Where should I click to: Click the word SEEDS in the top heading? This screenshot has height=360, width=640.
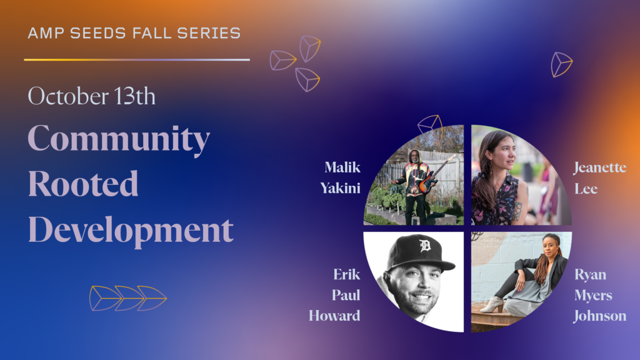pyautogui.click(x=98, y=33)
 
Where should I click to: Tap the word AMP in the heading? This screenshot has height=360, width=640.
pyautogui.click(x=45, y=33)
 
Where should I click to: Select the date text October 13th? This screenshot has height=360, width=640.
pyautogui.click(x=91, y=96)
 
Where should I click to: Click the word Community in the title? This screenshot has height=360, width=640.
pyautogui.click(x=119, y=139)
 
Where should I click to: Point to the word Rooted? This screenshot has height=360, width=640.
pyautogui.click(x=83, y=184)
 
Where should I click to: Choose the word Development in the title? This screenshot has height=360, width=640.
pyautogui.click(x=131, y=231)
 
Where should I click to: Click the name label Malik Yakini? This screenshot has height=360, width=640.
pyautogui.click(x=341, y=177)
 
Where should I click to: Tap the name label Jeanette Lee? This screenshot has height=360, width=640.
pyautogui.click(x=599, y=178)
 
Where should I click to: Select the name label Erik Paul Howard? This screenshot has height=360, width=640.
pyautogui.click(x=334, y=295)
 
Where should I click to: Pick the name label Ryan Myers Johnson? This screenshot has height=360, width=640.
pyautogui.click(x=599, y=295)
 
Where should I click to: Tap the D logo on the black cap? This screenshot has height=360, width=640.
pyautogui.click(x=425, y=246)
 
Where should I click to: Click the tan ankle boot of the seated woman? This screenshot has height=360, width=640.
pyautogui.click(x=492, y=304)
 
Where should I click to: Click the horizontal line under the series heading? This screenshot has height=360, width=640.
pyautogui.click(x=137, y=59)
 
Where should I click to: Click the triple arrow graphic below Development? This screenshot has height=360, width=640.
pyautogui.click(x=127, y=298)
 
